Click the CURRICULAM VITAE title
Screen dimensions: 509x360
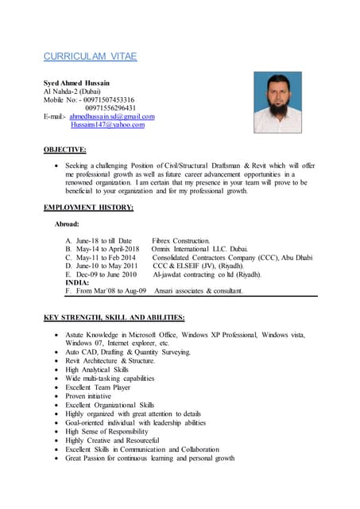[90, 56]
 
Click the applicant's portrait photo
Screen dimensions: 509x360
[277, 103]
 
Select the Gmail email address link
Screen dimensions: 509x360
[112, 116]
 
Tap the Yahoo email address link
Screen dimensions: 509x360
[107, 125]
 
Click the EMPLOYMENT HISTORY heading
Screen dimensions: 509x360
[88, 208]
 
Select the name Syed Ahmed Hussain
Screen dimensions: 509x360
[76, 83]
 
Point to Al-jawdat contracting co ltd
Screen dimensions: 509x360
[206, 274]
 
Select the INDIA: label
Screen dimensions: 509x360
[77, 282]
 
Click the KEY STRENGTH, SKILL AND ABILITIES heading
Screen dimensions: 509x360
[114, 317]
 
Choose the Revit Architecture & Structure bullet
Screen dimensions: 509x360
[110, 360]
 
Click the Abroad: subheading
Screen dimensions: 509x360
[66, 224]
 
